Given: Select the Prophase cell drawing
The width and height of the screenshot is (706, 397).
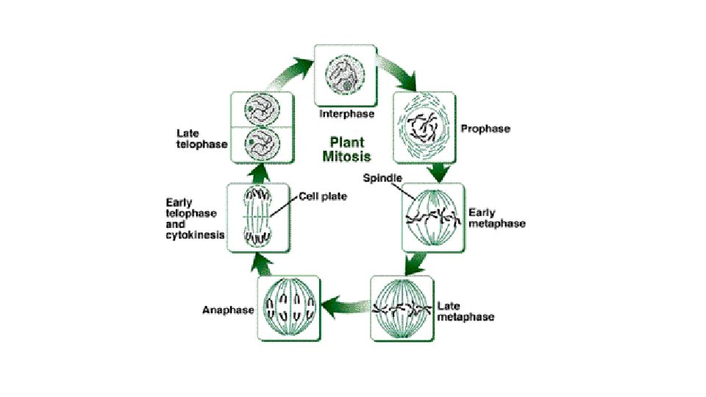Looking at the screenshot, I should click(424, 128).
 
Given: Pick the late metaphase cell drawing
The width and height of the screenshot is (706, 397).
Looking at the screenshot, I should click(403, 308).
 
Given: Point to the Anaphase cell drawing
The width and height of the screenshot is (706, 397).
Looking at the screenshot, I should click(288, 308).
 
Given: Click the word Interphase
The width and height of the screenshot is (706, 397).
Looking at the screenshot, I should click(346, 115).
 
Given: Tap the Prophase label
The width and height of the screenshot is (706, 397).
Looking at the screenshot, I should click(485, 129).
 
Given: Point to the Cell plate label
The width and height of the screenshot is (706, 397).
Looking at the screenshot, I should click(323, 196).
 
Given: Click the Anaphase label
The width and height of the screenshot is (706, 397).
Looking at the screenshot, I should click(228, 310).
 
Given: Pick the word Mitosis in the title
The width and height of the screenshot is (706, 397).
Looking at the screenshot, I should click(346, 156).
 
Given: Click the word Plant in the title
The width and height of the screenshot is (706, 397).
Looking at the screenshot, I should click(346, 143).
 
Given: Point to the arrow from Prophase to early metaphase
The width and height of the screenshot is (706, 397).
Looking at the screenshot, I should click(440, 172).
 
